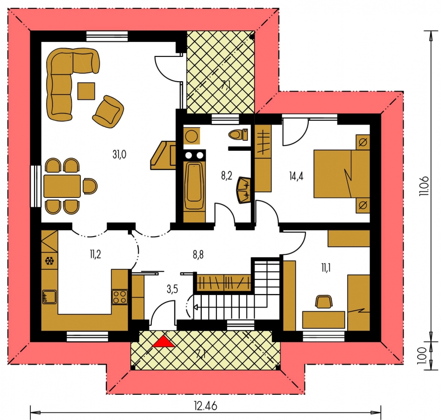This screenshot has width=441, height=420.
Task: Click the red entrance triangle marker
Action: click(x=164, y=342)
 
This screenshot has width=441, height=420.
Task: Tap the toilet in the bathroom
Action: click(x=239, y=134)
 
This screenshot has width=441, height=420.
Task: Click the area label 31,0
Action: click(x=119, y=154)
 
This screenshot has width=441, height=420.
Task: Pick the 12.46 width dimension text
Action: click(x=206, y=406)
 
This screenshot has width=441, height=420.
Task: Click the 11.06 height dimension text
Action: click(x=424, y=186)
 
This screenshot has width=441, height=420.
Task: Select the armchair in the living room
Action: click(x=108, y=112)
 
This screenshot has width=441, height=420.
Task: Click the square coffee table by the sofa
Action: click(x=86, y=91)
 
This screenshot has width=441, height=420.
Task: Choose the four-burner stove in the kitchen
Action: click(x=120, y=297)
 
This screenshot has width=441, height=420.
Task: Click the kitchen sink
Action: click(x=50, y=297)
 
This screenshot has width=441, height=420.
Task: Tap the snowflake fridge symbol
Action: click(x=50, y=261)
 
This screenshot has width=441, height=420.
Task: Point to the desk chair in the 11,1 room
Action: click(x=324, y=302)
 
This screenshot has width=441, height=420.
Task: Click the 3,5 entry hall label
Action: click(x=172, y=289)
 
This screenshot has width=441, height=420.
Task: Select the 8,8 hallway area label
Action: click(x=198, y=255)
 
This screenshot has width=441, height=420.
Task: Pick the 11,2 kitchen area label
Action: click(x=95, y=254)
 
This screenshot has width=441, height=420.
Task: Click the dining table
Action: click(x=62, y=186)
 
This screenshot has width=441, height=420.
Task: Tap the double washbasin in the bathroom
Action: click(x=243, y=189)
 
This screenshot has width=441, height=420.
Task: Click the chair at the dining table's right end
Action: click(x=90, y=186)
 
